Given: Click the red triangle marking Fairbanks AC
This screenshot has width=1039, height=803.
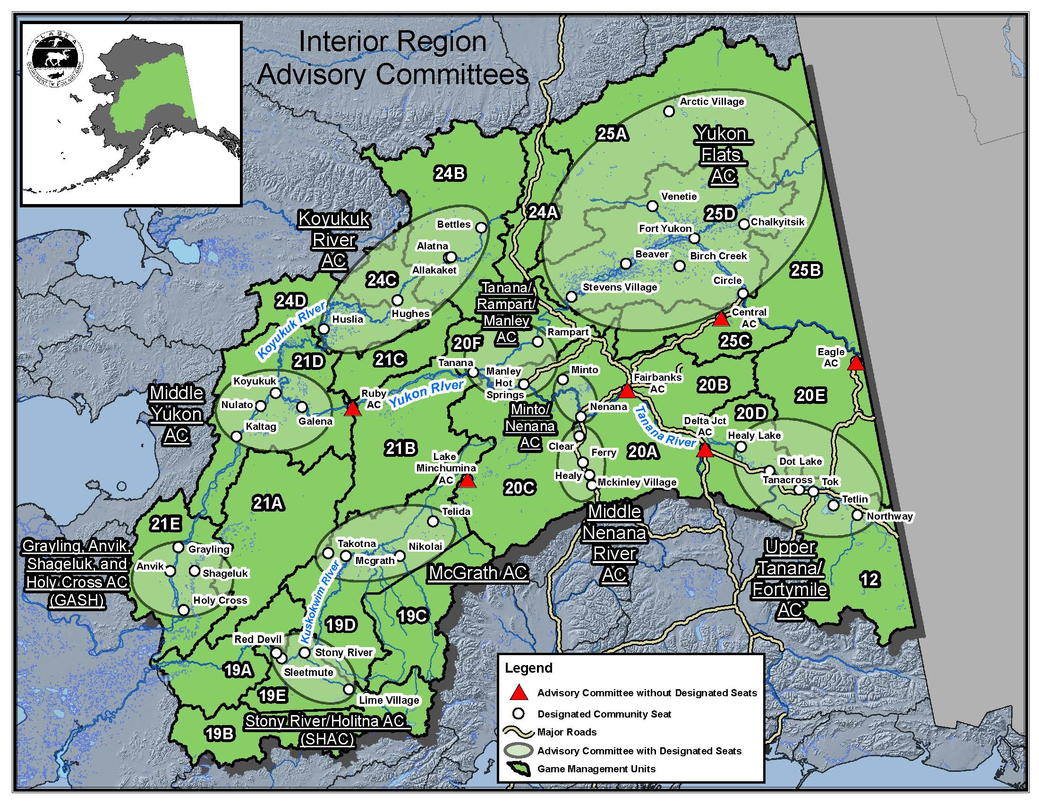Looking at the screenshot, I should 627,392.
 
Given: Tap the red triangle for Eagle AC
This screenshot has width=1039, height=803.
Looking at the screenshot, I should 856,363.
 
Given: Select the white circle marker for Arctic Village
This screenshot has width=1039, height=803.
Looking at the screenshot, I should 669,111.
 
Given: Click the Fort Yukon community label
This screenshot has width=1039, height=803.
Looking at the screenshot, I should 665,229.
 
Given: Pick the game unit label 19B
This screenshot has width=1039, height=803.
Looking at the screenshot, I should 219,734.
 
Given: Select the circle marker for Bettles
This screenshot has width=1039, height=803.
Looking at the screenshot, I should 481,227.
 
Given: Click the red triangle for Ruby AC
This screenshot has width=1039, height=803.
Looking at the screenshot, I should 352,409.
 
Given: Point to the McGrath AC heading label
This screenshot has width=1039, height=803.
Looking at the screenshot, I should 478,573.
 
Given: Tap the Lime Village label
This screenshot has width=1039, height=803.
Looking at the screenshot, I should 389,700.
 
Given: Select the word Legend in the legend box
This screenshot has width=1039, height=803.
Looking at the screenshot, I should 528,668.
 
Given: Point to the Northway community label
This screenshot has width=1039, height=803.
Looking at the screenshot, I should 889,517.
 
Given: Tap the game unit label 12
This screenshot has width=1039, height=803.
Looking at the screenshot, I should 870,580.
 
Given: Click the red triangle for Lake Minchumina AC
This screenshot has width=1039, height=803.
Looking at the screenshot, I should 468,481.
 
